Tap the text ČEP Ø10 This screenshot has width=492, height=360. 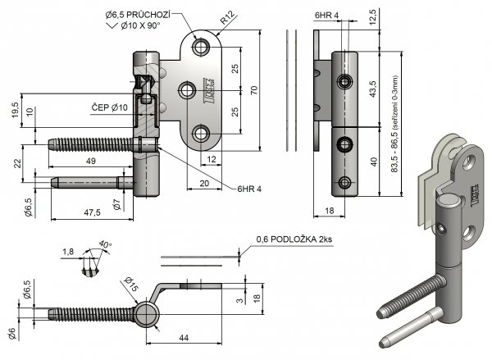[108, 107]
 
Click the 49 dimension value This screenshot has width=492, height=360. [89, 162]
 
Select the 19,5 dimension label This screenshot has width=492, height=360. [15, 109]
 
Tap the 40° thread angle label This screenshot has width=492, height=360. [103, 244]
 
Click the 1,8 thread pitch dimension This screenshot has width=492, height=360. [68, 252]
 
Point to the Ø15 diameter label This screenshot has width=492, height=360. [132, 285]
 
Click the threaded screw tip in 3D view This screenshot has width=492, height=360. [382, 312]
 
